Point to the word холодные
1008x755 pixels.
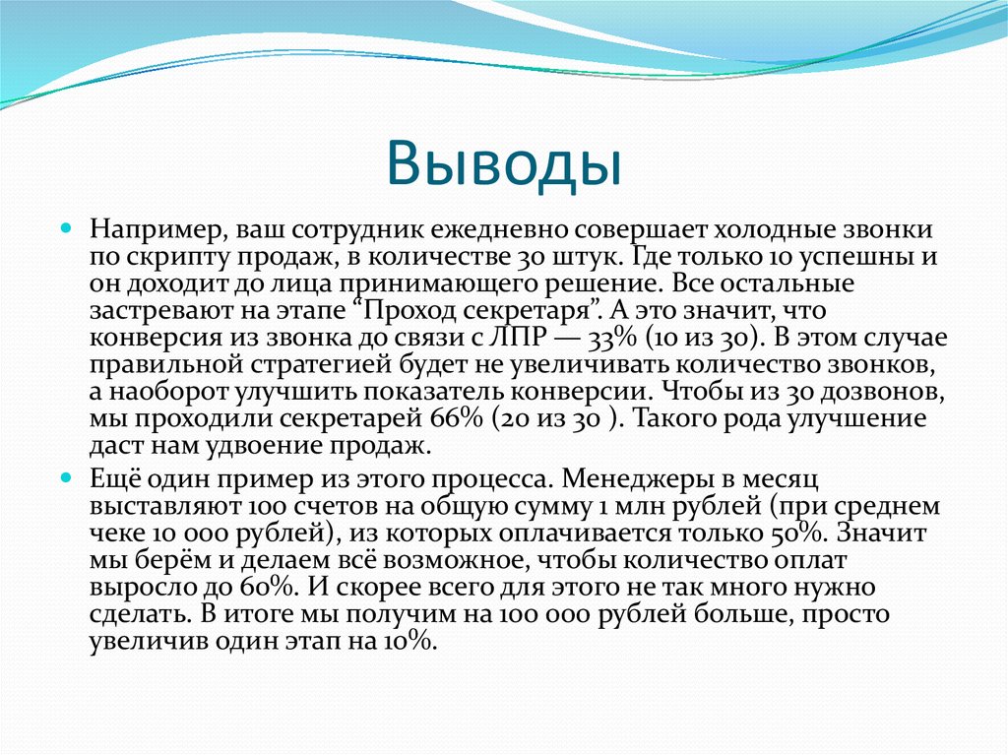(x=762, y=228)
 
